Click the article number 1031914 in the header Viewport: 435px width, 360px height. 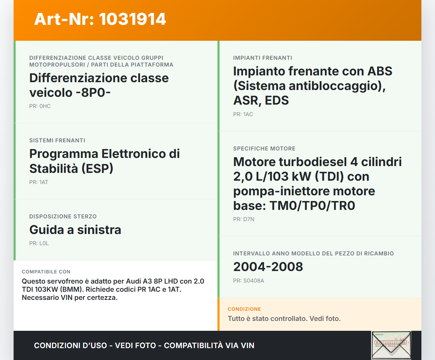pyautogui.click(x=133, y=19)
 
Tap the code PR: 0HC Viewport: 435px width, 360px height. pyautogui.click(x=40, y=106)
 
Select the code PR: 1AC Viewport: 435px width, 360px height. pyautogui.click(x=243, y=114)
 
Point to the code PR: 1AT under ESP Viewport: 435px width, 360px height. pyautogui.click(x=38, y=182)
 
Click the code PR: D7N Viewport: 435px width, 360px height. pyautogui.click(x=244, y=219)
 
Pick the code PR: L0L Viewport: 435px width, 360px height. pyautogui.click(x=39, y=244)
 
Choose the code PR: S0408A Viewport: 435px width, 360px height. pyautogui.click(x=248, y=281)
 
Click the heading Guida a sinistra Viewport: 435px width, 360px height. pyautogui.click(x=75, y=230)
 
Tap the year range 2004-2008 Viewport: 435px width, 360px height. pyautogui.click(x=268, y=267)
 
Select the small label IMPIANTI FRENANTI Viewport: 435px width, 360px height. pyautogui.click(x=262, y=58)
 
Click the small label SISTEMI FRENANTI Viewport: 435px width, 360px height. pyautogui.click(x=57, y=141)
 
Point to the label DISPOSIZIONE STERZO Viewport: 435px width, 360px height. pyautogui.click(x=63, y=217)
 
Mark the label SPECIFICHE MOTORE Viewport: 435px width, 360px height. pyautogui.click(x=264, y=149)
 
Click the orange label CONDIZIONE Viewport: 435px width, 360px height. pyautogui.click(x=244, y=309)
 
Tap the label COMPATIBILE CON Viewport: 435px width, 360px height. pyautogui.click(x=46, y=272)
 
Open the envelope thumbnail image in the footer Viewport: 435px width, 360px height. pyautogui.click(x=391, y=345)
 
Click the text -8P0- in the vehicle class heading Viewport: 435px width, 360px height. pyautogui.click(x=93, y=93)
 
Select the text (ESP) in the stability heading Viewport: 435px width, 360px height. pyautogui.click(x=97, y=169)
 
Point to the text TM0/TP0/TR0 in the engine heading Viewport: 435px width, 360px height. pyautogui.click(x=312, y=206)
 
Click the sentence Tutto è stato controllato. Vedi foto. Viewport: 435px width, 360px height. pyautogui.click(x=284, y=319)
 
